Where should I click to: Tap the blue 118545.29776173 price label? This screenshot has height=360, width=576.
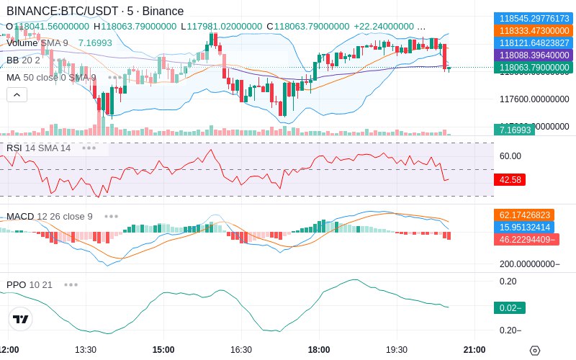(532, 18)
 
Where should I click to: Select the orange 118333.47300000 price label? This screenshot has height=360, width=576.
(532, 30)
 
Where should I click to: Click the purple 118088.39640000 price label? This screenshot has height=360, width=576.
(532, 55)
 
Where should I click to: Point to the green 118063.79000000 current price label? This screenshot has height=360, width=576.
(532, 68)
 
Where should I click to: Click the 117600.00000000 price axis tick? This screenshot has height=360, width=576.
(534, 99)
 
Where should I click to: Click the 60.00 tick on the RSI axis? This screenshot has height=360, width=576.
(510, 156)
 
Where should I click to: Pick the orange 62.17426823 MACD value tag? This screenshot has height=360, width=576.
(523, 215)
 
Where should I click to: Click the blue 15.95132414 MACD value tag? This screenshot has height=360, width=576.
(523, 227)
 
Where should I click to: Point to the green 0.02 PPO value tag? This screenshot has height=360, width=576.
(510, 308)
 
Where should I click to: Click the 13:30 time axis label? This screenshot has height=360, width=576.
(86, 349)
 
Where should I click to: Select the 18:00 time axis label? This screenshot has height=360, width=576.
(319, 349)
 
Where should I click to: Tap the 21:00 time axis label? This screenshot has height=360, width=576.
(474, 349)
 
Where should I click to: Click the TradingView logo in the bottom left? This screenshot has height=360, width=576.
(21, 320)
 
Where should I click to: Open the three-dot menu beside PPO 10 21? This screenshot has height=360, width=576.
(71, 284)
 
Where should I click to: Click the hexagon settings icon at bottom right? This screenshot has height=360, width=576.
(534, 350)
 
